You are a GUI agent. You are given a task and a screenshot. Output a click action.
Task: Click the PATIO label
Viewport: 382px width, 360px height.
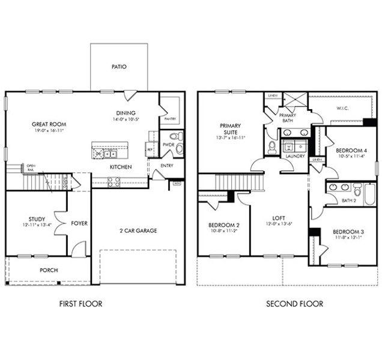[119, 67]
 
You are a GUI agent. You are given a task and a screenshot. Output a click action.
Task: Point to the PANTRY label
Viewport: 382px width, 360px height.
[169, 119]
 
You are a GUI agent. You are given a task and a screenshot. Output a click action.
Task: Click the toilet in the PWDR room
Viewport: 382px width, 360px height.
[172, 136]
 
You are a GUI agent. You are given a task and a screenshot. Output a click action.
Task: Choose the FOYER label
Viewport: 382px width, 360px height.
[79, 223]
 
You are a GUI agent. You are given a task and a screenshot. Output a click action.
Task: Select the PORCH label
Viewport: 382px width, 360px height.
[49, 270]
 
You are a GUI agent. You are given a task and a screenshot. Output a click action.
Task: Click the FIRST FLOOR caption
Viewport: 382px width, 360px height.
[80, 304]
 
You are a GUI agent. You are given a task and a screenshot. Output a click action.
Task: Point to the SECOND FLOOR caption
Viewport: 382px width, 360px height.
[294, 304]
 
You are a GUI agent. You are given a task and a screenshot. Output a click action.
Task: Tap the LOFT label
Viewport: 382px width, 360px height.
[278, 218]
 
